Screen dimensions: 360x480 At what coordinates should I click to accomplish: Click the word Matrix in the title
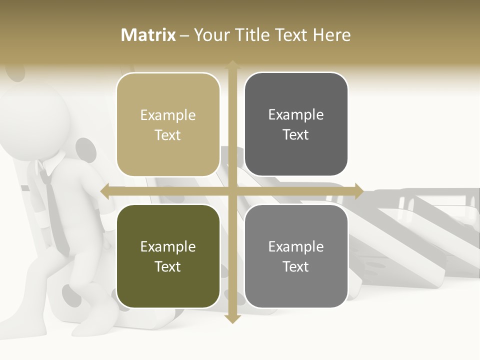(x=148, y=35)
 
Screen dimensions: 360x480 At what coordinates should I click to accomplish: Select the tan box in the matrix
(x=168, y=124)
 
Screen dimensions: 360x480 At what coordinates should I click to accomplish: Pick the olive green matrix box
(x=168, y=256)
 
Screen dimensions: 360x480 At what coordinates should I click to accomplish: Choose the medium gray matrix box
(x=296, y=256)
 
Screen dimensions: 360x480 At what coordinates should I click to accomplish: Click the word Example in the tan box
(x=168, y=115)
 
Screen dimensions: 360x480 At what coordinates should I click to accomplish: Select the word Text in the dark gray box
(x=296, y=134)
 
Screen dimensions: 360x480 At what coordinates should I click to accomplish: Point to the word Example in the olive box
(x=168, y=246)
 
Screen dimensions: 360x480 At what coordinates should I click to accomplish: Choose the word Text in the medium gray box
(x=296, y=266)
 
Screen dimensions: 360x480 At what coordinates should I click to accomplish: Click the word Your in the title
(x=209, y=35)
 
